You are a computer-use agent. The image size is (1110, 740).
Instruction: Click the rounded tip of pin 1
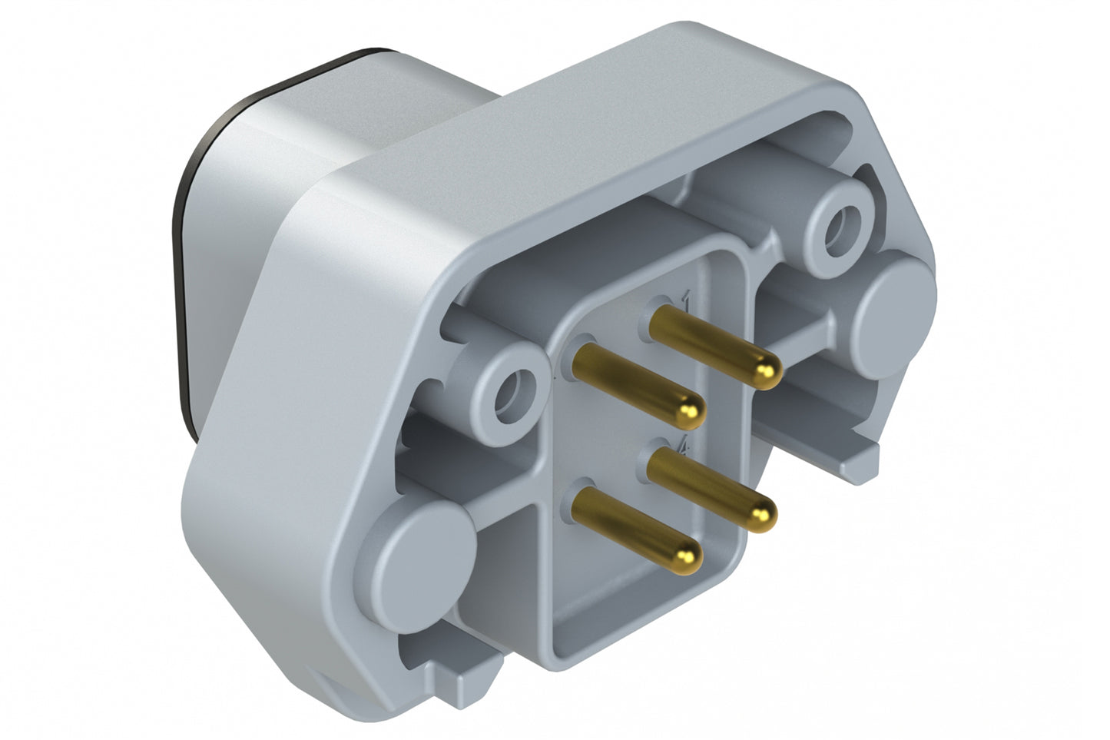[x=766, y=372]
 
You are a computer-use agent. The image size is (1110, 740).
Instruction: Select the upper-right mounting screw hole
[x=837, y=228]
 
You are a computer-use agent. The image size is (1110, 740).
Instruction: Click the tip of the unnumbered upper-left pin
[x=691, y=412]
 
